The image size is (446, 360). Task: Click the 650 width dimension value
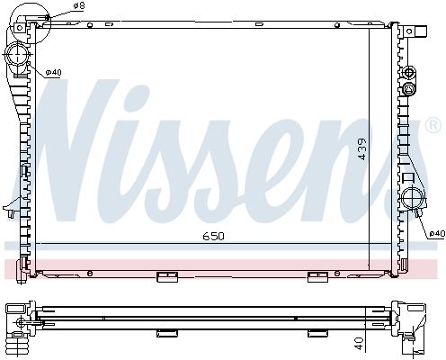[x=213, y=237]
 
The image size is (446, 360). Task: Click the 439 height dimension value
[x=362, y=149]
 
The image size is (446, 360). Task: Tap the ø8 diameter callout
[x=78, y=5]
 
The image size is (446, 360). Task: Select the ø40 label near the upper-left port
[x=53, y=72]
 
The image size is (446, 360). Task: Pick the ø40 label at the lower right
[x=437, y=233]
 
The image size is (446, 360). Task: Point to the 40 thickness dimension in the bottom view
[x=359, y=343]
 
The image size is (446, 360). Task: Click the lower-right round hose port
[x=413, y=197]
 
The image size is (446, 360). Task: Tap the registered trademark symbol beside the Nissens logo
[x=433, y=125]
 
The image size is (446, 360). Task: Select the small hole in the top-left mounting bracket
[x=20, y=28]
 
